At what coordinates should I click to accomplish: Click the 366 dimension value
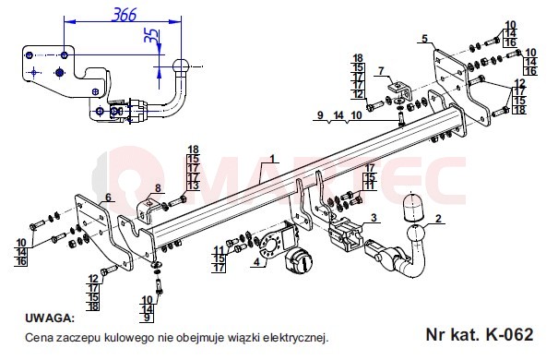[125, 15]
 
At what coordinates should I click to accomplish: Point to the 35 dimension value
[151, 35]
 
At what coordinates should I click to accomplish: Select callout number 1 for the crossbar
[273, 159]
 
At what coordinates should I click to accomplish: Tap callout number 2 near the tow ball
[438, 218]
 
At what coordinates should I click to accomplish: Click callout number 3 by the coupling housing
[374, 218]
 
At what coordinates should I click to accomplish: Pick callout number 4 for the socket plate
[257, 262]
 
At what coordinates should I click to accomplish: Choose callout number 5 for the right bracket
[425, 39]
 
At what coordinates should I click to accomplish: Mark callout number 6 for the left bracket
[108, 197]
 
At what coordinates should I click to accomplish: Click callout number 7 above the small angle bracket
[381, 71]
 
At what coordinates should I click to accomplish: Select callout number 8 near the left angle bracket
[158, 188]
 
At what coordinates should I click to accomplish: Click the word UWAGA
[50, 318]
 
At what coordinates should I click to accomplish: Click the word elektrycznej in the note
[295, 337]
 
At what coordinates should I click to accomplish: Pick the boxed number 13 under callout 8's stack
[194, 186]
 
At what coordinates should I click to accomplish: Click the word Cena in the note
[39, 337]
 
